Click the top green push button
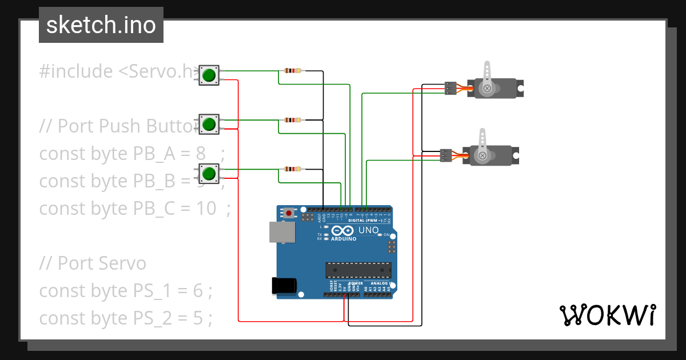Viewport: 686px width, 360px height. point(209,75)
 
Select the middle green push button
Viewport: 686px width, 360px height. point(209,124)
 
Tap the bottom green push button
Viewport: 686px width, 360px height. point(209,173)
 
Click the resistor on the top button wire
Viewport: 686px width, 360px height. point(292,71)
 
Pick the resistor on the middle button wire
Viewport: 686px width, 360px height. point(292,120)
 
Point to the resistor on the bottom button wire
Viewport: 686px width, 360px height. point(292,169)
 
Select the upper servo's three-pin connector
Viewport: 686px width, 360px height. point(450,88)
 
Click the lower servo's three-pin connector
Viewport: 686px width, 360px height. point(446,155)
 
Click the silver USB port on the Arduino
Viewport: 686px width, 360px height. point(282,231)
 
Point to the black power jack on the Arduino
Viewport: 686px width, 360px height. point(285,285)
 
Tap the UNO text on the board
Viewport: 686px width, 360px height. point(368,230)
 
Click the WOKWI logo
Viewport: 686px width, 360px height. point(607,315)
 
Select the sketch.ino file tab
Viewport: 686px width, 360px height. point(101,25)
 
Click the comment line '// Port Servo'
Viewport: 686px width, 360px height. point(93,263)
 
